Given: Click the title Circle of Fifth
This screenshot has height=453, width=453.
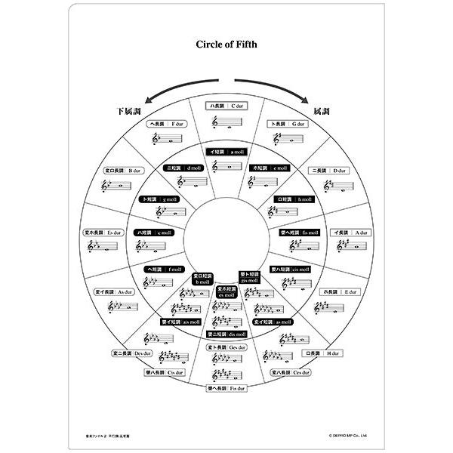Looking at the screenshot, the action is (x=226, y=45).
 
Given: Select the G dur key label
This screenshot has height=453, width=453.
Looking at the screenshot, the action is (x=288, y=123).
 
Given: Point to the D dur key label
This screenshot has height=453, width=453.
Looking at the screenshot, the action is (x=333, y=171).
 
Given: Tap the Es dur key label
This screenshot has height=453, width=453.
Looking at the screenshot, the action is (x=103, y=233).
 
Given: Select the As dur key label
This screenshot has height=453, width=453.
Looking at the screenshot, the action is (x=113, y=291).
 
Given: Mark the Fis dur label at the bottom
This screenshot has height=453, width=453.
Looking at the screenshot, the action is (x=227, y=389).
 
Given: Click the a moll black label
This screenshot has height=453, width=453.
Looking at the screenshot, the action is (x=227, y=152).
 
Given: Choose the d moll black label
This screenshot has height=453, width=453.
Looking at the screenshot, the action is (x=184, y=168).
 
